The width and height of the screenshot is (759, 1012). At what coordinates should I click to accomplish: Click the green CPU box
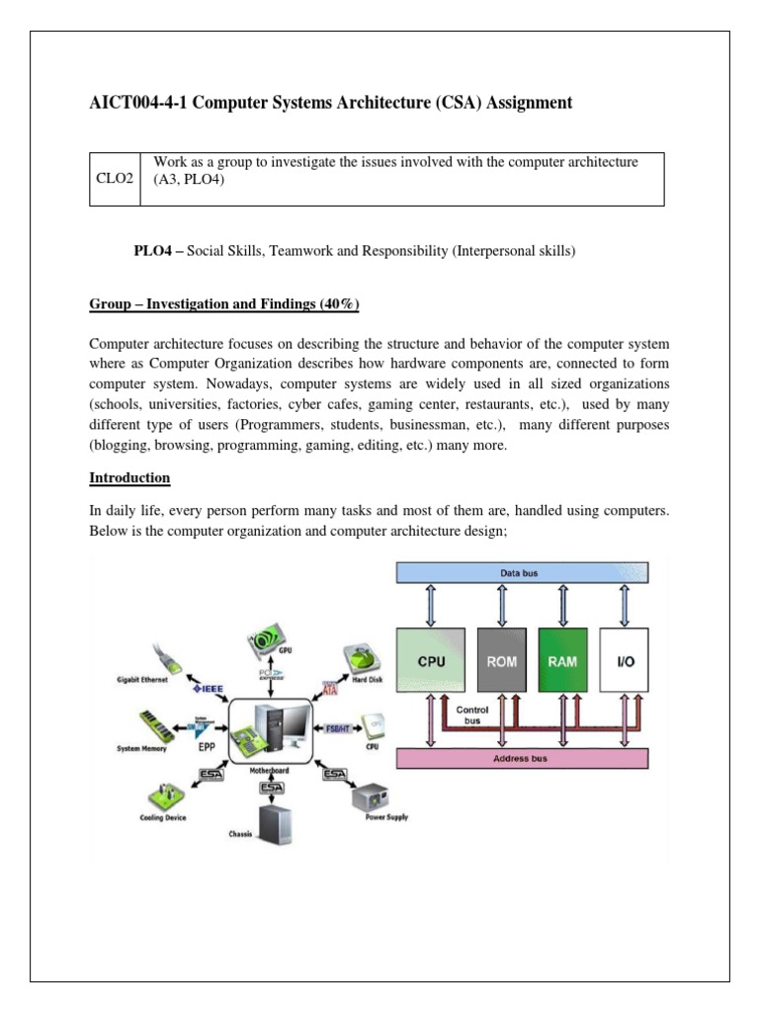pos(431,660)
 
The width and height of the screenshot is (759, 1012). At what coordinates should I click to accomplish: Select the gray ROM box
pos(501,660)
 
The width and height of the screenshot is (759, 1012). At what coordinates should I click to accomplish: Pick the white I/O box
pos(626,660)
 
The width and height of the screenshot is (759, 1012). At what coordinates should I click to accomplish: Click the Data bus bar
pos(522,573)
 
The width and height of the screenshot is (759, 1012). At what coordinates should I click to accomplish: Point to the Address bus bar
pos(522,759)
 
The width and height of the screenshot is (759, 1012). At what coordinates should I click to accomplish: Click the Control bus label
pos(471,715)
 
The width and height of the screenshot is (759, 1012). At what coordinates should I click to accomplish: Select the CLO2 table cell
pos(115,179)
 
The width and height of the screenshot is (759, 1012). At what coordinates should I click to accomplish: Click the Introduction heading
pos(129,478)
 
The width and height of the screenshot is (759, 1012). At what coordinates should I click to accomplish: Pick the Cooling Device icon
pos(163,796)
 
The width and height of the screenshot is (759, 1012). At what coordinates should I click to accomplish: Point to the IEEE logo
pos(211,688)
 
